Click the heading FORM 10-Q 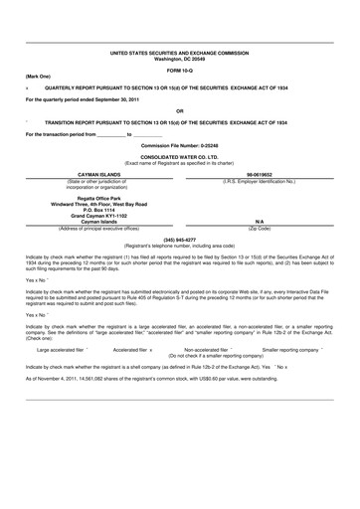(x=179, y=72)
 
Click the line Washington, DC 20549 (x=179, y=58)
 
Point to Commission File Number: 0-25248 (x=179, y=145)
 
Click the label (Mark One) (x=38, y=78)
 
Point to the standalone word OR (x=179, y=110)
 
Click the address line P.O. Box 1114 (x=90, y=210)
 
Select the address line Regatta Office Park (x=90, y=198)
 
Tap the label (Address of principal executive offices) (x=90, y=230)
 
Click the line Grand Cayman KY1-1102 (x=90, y=216)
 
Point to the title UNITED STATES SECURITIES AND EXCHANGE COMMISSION (x=179, y=52)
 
